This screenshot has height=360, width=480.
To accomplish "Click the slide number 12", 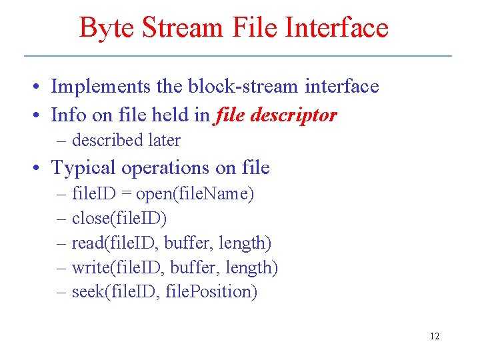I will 435,336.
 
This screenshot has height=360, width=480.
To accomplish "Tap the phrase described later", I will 126,141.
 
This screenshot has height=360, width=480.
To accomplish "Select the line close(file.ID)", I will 119,219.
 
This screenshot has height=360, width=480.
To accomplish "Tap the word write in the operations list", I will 88,268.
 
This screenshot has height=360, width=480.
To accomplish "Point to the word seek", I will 85,292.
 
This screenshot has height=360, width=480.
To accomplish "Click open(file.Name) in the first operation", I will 195,195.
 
